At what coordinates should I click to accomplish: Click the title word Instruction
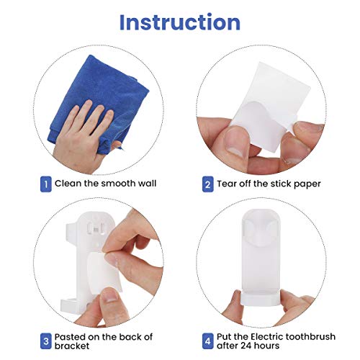[179, 22]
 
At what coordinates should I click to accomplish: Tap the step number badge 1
[45, 184]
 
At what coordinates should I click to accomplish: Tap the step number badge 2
[207, 184]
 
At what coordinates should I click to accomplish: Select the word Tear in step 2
[231, 184]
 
